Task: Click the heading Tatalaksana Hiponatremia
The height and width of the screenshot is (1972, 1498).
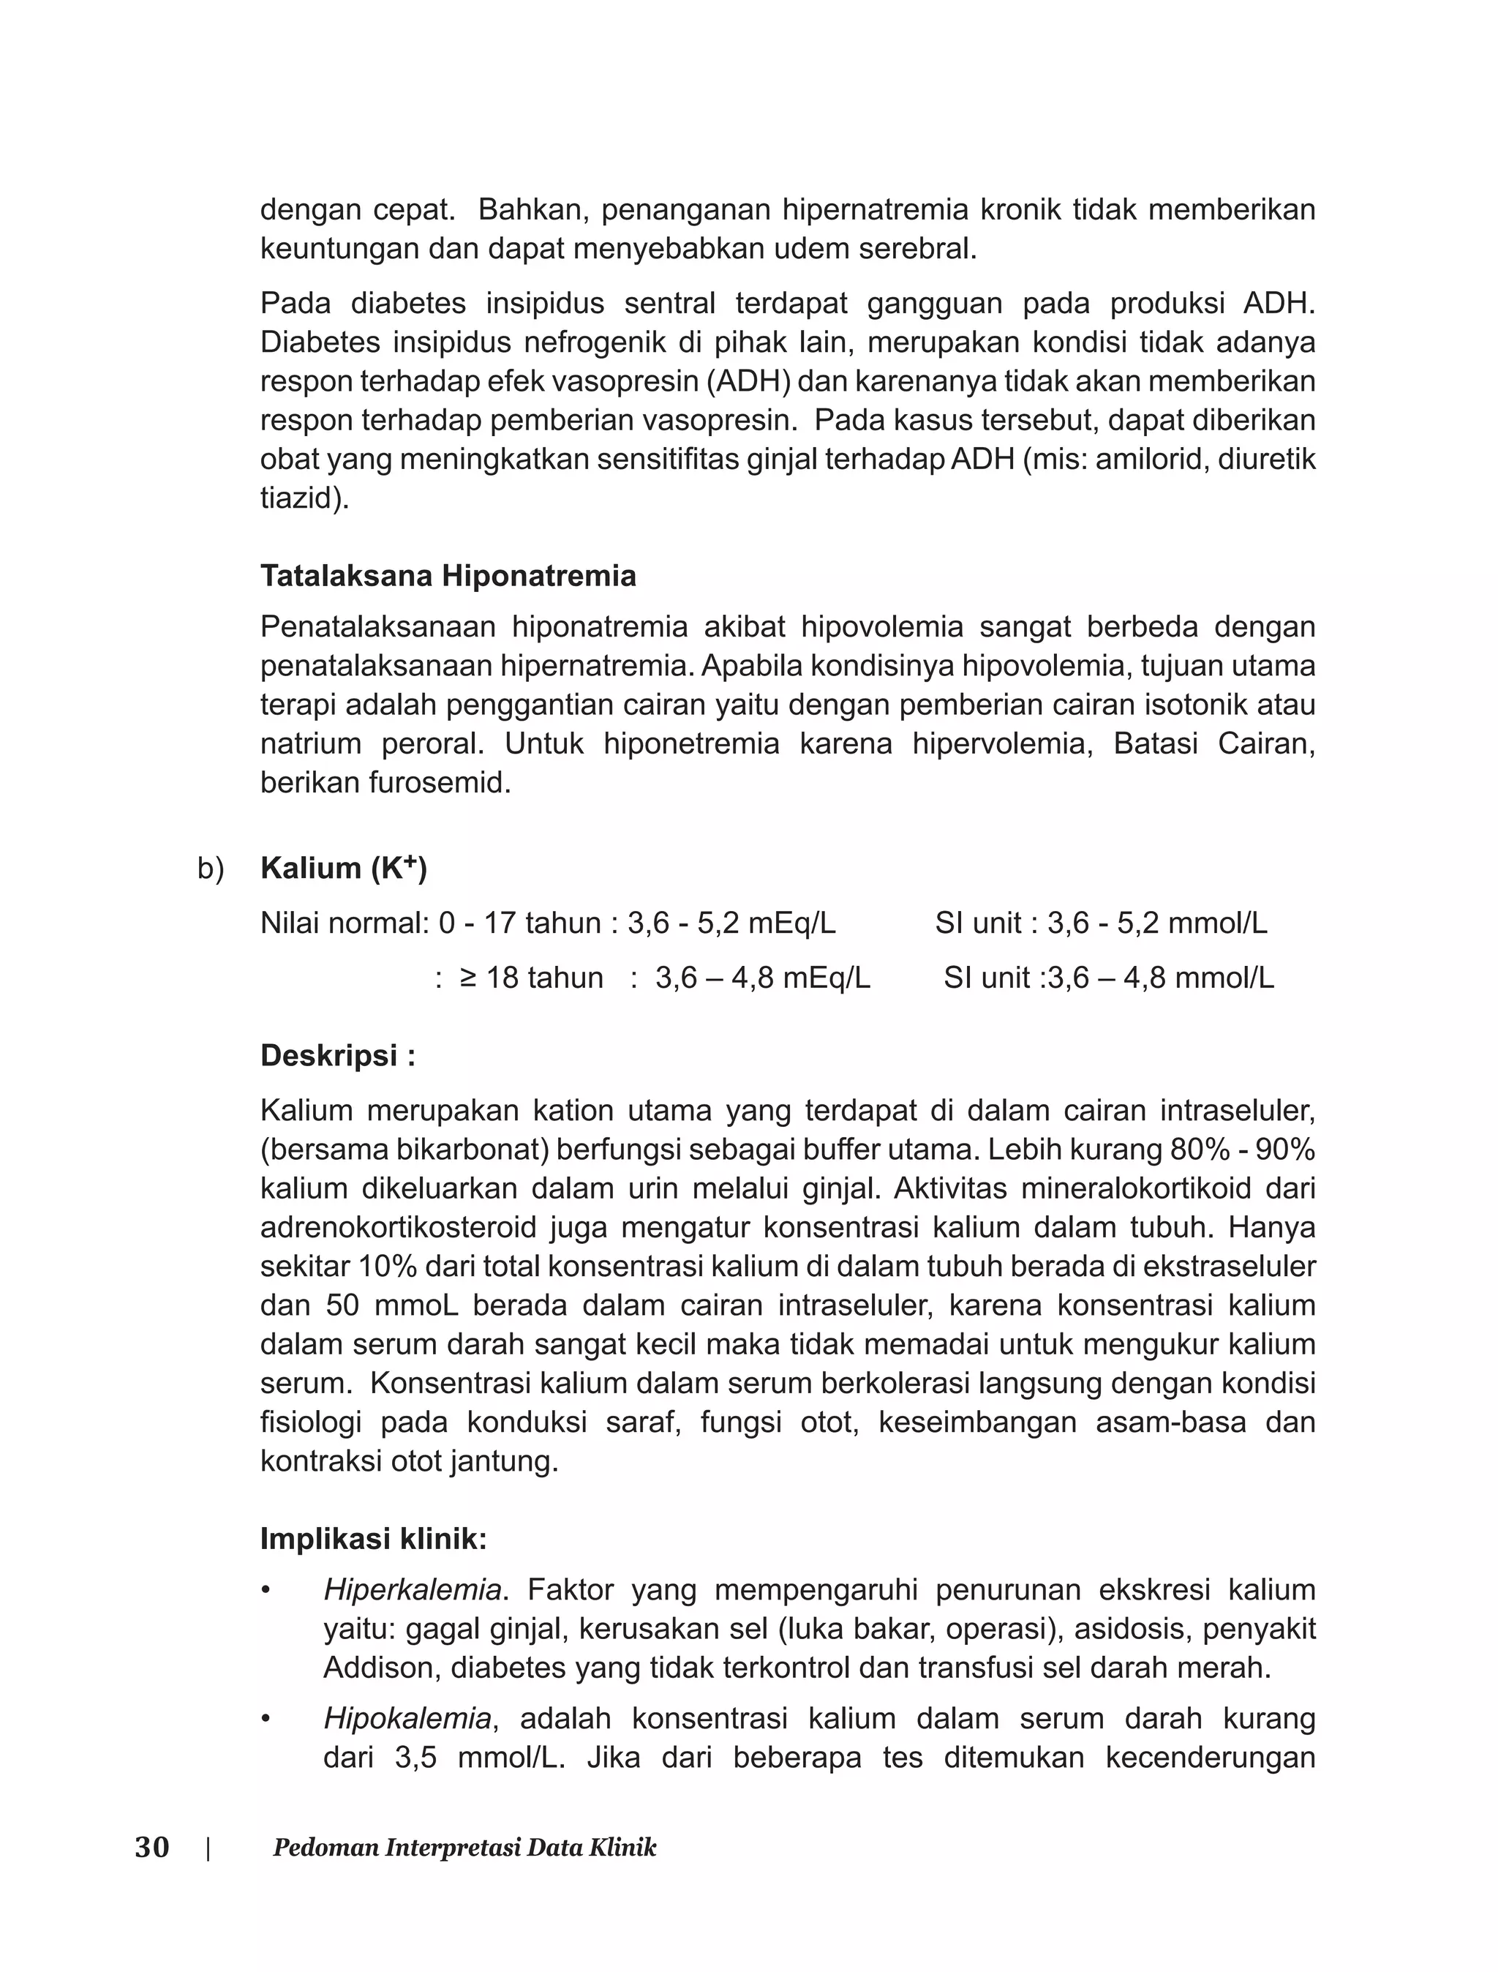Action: [448, 576]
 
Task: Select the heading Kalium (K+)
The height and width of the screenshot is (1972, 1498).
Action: [343, 868]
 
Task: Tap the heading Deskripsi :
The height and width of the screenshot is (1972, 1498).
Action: [337, 1056]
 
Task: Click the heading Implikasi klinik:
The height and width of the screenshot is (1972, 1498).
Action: [374, 1539]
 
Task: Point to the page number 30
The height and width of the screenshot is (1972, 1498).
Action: [151, 1847]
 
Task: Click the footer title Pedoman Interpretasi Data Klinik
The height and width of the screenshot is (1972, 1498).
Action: [464, 1847]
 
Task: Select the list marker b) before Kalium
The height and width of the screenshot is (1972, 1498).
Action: [211, 869]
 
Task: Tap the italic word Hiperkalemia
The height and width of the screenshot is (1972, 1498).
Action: [411, 1589]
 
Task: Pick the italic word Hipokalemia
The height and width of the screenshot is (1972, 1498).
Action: [407, 1718]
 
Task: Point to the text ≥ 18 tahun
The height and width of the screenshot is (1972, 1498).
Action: [532, 978]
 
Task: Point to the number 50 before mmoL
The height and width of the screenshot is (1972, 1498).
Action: [342, 1305]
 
